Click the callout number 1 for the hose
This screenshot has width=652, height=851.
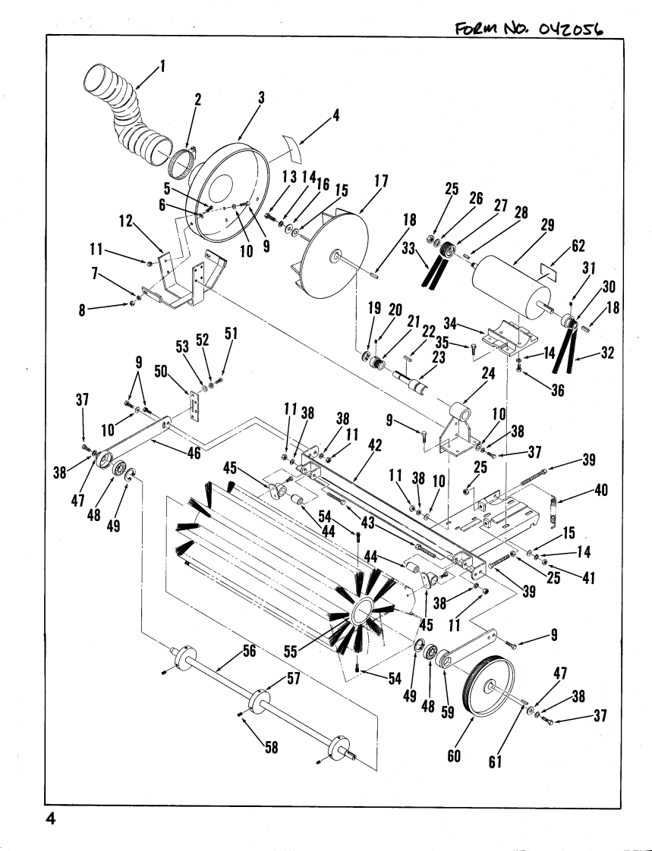162,68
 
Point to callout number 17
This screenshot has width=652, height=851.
382,181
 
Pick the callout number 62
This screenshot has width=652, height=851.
578,246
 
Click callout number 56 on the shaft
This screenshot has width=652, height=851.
249,651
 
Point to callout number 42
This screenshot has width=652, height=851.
374,445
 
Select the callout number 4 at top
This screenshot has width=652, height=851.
335,115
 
